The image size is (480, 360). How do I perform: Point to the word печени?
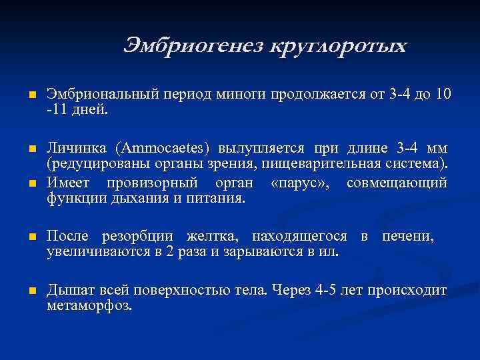tap(409, 237)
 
